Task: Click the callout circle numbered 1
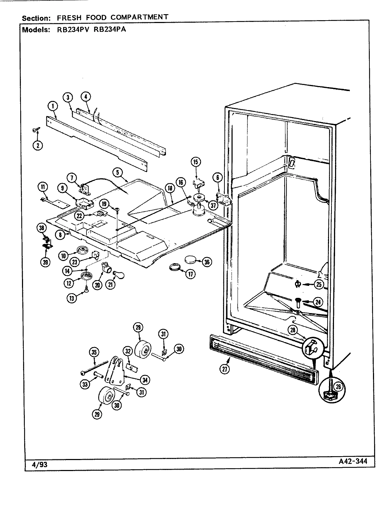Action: pyautogui.click(x=52, y=106)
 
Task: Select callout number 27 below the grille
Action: pyautogui.click(x=225, y=369)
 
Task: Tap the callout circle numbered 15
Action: pyautogui.click(x=196, y=162)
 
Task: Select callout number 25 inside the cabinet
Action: pyautogui.click(x=319, y=284)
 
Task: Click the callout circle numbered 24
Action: pyautogui.click(x=318, y=302)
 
